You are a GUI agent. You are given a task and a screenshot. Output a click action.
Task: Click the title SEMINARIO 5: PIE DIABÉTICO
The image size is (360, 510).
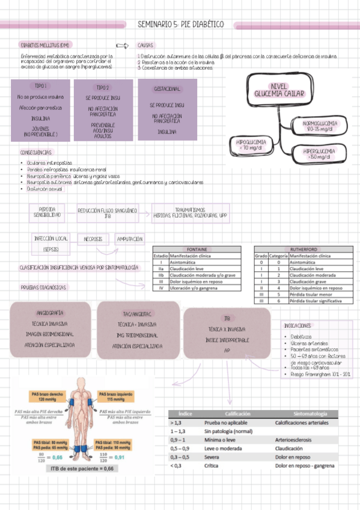(x=180, y=24)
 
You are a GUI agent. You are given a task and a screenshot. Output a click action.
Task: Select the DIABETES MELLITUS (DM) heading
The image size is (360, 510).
(x=44, y=45)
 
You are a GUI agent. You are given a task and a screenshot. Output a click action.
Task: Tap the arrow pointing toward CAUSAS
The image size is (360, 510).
(x=122, y=45)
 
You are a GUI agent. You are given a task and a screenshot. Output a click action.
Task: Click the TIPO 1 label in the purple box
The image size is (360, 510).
(x=40, y=86)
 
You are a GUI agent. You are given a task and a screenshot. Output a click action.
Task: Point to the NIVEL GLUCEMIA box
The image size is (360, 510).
(x=279, y=90)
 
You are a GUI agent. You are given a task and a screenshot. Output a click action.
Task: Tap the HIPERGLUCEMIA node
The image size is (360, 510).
(x=320, y=153)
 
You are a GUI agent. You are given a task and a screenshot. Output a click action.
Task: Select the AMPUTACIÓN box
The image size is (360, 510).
(x=130, y=239)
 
